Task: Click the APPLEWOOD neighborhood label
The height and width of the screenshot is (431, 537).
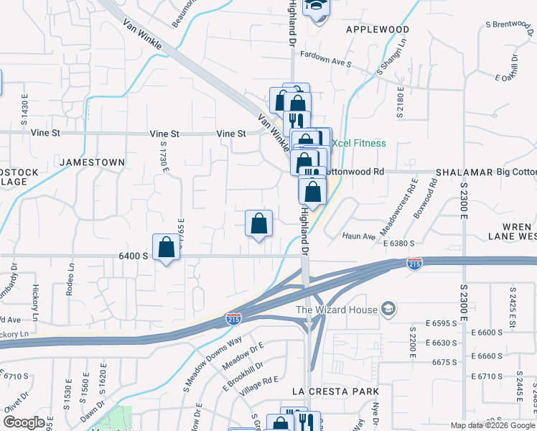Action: (x=378, y=29)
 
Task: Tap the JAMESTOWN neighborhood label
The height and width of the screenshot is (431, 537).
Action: (x=92, y=163)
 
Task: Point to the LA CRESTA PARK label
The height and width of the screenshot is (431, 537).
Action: (x=335, y=391)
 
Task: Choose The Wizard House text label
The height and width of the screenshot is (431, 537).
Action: (x=337, y=310)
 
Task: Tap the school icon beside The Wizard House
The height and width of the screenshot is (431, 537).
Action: (x=389, y=310)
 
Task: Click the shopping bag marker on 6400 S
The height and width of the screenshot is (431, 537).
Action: (x=166, y=247)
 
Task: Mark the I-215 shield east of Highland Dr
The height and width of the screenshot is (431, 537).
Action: (x=414, y=264)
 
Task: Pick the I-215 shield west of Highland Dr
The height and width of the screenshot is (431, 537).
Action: (x=233, y=317)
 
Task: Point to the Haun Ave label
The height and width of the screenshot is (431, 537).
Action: (x=359, y=236)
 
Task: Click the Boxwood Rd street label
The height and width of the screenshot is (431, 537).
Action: (x=432, y=195)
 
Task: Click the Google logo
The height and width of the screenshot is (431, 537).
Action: (x=24, y=422)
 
